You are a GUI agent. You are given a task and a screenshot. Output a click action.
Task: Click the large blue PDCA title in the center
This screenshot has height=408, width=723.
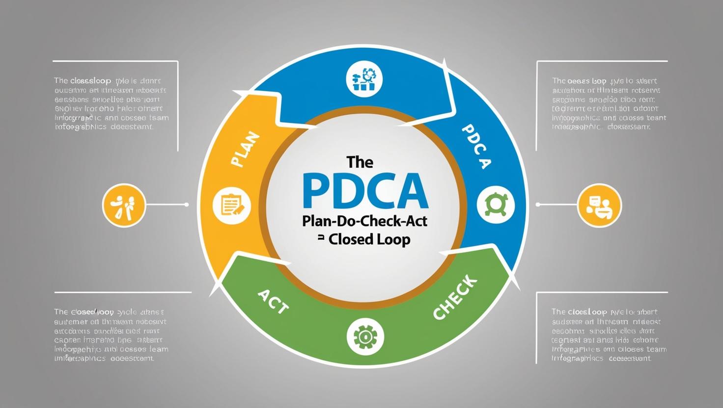click(x=365, y=191)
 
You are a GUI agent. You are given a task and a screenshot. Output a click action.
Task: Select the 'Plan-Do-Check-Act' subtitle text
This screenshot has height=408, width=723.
click(x=365, y=221)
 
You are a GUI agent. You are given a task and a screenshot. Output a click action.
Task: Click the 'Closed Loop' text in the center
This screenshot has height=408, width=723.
click(x=369, y=239)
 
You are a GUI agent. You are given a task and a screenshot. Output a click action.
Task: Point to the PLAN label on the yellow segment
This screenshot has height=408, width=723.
click(x=244, y=150)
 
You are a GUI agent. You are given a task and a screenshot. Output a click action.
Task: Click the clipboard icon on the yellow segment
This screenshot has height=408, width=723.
click(x=232, y=205)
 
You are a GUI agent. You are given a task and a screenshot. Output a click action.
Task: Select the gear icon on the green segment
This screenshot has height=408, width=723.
click(x=365, y=337)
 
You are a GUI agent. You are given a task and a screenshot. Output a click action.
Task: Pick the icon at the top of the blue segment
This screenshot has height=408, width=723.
click(x=364, y=79)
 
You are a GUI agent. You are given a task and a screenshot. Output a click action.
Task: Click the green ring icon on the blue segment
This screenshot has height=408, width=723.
click(x=496, y=204)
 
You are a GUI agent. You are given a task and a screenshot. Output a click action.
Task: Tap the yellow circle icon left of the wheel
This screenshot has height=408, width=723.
click(x=124, y=205)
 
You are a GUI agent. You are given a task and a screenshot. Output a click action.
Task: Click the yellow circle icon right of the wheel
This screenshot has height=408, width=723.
click(x=600, y=205)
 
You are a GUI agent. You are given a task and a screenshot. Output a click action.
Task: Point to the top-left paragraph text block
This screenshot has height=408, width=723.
click(x=111, y=103)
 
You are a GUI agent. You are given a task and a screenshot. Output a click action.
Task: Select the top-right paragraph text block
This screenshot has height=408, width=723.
click(x=609, y=103)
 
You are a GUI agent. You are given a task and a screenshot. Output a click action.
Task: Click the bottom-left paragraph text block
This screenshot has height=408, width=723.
click(x=111, y=335)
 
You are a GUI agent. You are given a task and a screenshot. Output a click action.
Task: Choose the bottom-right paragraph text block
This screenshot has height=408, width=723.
click(x=609, y=335)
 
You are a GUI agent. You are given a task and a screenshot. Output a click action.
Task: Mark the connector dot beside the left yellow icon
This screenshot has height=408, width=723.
click(x=187, y=204)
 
